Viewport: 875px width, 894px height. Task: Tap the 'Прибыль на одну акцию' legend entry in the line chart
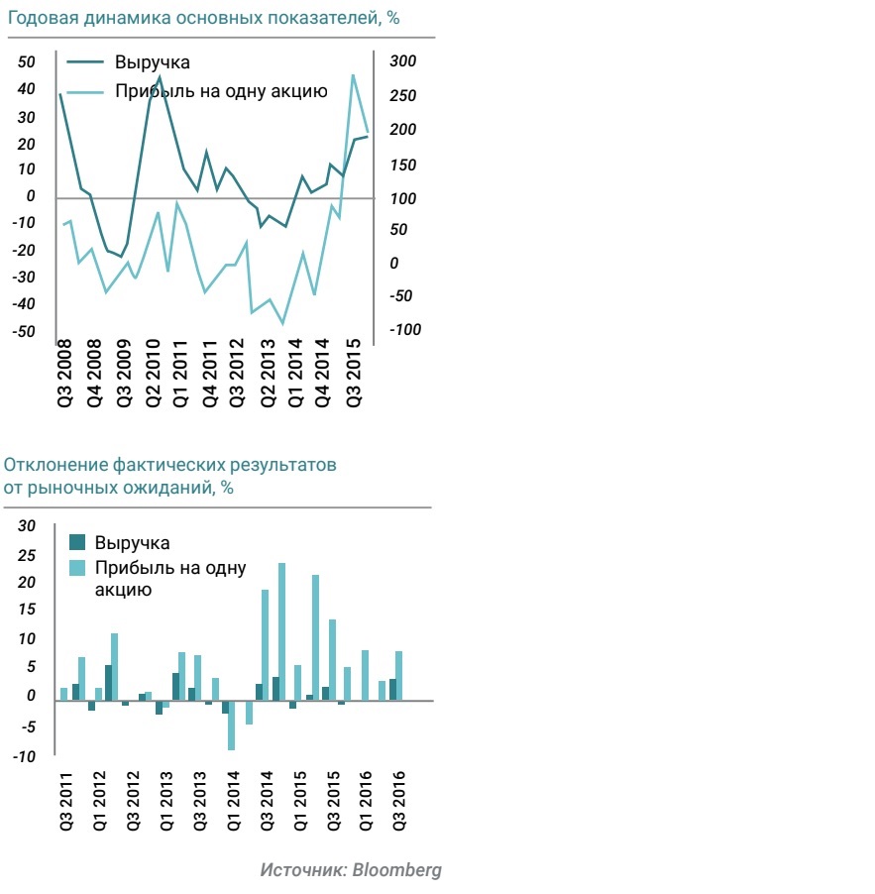click(220, 92)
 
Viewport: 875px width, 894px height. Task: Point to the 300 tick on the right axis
click(402, 62)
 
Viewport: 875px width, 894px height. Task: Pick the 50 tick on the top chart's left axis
click(27, 62)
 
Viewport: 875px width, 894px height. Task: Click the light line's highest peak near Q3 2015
click(353, 75)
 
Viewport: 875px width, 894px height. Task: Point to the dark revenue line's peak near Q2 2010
click(160, 77)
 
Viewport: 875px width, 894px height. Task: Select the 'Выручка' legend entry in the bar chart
click(132, 543)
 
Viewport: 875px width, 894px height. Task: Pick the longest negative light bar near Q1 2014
click(231, 726)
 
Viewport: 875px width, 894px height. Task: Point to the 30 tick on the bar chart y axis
click(27, 526)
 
